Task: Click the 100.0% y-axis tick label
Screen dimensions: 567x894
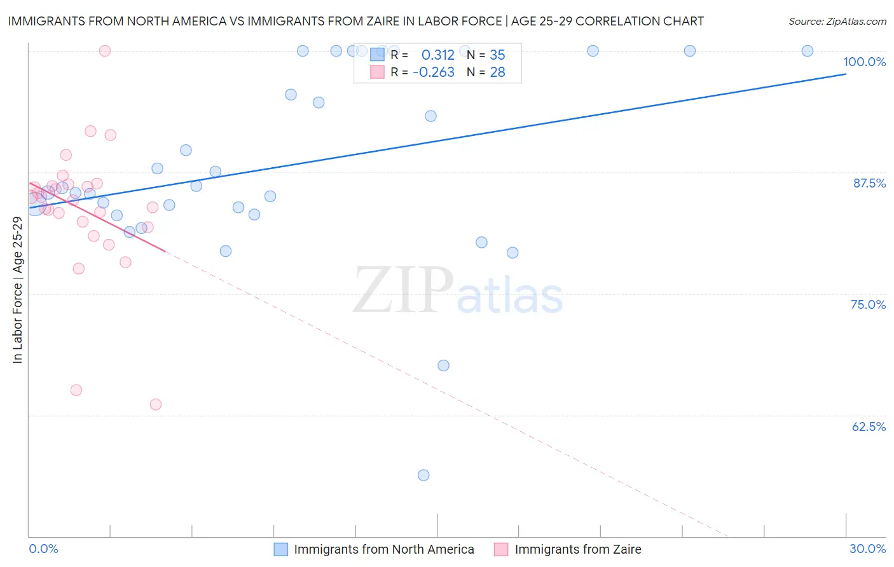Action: click(864, 62)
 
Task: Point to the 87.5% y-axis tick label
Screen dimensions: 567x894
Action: click(869, 183)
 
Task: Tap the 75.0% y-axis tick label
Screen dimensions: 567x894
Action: click(868, 304)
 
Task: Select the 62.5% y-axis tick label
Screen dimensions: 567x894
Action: click(869, 427)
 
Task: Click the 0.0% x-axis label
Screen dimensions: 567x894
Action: click(43, 549)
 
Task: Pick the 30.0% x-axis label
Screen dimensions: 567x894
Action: click(867, 549)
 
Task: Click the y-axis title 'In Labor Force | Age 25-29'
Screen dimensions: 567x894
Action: click(17, 290)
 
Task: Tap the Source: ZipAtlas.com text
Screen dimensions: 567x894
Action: click(837, 22)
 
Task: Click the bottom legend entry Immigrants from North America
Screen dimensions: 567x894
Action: click(383, 549)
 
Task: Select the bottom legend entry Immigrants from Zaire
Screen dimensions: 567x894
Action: click(577, 549)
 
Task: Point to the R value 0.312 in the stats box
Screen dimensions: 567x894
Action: click(437, 55)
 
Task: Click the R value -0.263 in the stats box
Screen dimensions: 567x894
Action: click(434, 72)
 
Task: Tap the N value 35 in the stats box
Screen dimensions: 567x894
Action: click(497, 55)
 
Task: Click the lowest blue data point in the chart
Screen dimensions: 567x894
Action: click(423, 475)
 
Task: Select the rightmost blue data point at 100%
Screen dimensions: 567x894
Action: click(807, 51)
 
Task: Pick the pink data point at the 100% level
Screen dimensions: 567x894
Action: click(105, 51)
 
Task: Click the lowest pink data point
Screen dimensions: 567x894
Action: click(156, 404)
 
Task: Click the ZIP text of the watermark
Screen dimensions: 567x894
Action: click(403, 290)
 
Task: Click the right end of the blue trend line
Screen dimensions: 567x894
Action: click(845, 74)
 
